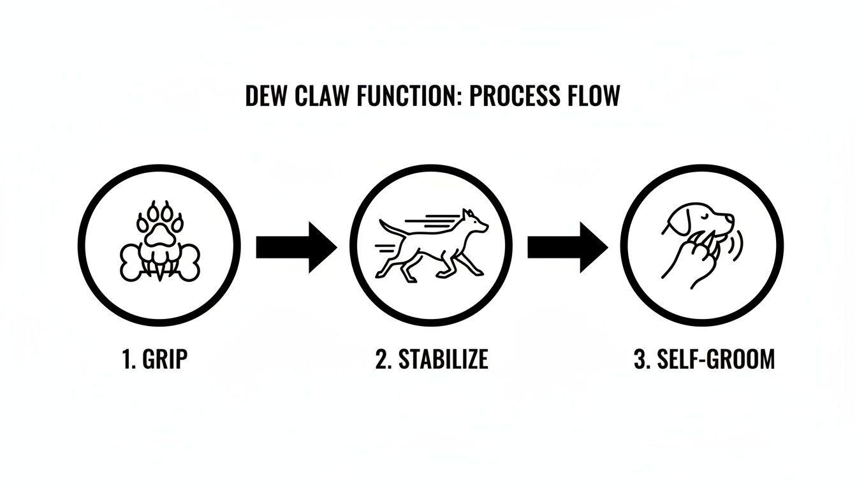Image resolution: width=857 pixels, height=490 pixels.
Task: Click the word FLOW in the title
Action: click(x=592, y=97)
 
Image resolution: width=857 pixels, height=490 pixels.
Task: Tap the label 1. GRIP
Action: click(x=154, y=359)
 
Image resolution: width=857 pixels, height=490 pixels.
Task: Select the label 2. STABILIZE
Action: click(x=432, y=359)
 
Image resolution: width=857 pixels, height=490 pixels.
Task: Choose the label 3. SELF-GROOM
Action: click(x=705, y=359)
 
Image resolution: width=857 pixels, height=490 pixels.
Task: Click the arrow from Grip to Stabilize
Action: click(x=295, y=246)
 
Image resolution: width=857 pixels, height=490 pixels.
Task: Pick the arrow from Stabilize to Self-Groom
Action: click(x=567, y=246)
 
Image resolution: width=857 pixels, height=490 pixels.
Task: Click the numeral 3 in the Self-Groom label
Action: click(x=640, y=359)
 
